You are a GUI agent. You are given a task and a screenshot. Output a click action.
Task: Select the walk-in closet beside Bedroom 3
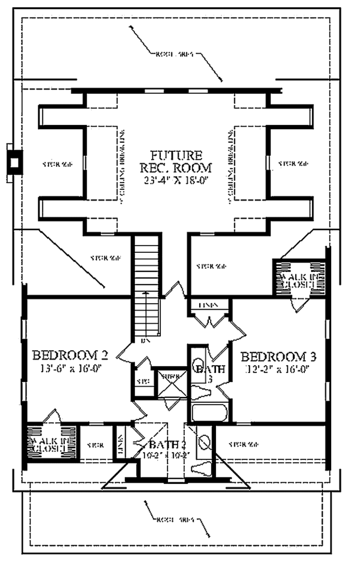pyautogui.click(x=294, y=277)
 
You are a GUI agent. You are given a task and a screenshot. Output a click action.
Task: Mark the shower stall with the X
pyautogui.click(x=170, y=385)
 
